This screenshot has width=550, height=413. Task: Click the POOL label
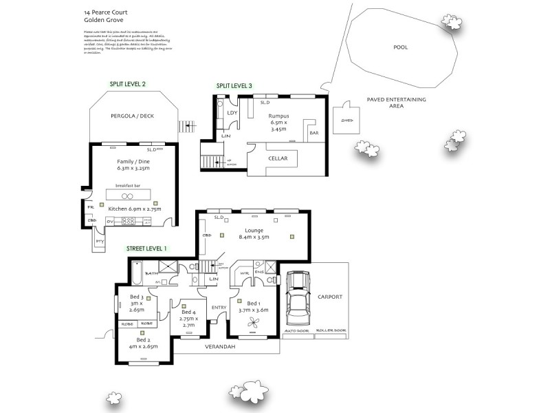[400, 47]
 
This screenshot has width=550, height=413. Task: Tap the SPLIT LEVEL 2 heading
[127, 84]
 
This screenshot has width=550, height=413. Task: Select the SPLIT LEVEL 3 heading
[234, 85]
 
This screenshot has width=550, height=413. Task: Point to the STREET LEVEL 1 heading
[146, 248]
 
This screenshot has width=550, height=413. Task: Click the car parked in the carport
[298, 297]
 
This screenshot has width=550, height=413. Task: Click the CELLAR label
[277, 159]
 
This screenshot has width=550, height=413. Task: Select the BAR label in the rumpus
[314, 133]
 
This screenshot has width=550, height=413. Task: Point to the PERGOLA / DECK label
[133, 116]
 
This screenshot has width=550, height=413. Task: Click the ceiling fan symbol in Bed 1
[254, 321]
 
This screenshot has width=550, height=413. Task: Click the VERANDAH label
[220, 347]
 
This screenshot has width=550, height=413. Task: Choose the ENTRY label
[219, 308]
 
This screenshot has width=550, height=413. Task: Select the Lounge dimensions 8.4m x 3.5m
[254, 237]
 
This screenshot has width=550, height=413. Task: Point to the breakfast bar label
[129, 186]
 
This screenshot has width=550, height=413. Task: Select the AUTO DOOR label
[296, 331]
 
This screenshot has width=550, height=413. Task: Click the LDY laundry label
[232, 113]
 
